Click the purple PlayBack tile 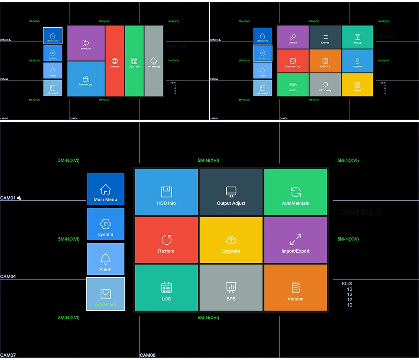click(86, 43)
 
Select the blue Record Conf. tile click(86, 79)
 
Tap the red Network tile click(115, 61)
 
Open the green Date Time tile click(134, 61)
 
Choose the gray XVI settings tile click(154, 61)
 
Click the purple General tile click(293, 37)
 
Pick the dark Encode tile click(325, 37)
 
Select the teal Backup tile click(357, 37)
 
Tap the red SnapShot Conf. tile click(293, 61)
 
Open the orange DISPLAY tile click(325, 61)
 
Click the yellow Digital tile click(357, 85)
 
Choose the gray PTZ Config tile click(325, 85)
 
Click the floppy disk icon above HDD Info click(166, 192)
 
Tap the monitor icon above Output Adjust click(231, 192)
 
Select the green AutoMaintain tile click(295, 192)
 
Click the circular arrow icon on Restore click(166, 240)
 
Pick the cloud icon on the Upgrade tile click(231, 240)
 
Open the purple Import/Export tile click(295, 240)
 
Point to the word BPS click(231, 299)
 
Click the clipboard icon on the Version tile click(295, 287)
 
